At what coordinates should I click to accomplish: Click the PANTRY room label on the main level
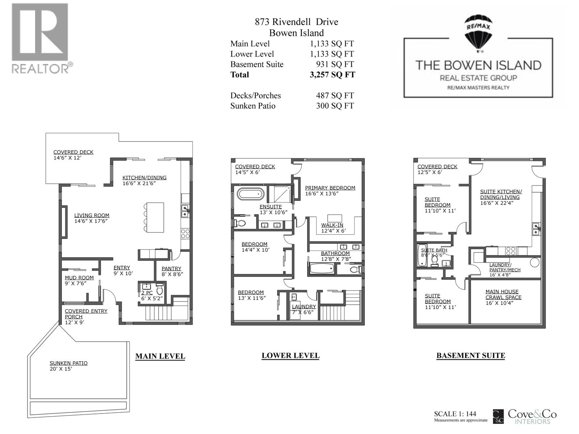pyautogui.click(x=171, y=268)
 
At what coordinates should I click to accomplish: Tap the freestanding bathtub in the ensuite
pyautogui.click(x=250, y=194)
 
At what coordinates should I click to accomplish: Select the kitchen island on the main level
pyautogui.click(x=155, y=217)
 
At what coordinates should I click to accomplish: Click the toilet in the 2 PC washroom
pyautogui.click(x=160, y=289)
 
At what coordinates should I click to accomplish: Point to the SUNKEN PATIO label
pyautogui.click(x=69, y=363)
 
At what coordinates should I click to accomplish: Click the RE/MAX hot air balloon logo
pyautogui.click(x=478, y=33)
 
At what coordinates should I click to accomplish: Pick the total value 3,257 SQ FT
pyautogui.click(x=332, y=75)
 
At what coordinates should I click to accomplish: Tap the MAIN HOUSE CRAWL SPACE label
pyautogui.click(x=503, y=294)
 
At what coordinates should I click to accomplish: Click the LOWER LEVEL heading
pyautogui.click(x=291, y=356)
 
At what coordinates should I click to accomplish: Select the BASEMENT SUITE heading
pyautogui.click(x=471, y=356)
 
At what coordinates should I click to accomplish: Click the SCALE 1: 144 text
pyautogui.click(x=455, y=414)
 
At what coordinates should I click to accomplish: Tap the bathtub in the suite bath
pyautogui.click(x=422, y=255)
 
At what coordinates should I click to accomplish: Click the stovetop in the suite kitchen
pyautogui.click(x=511, y=251)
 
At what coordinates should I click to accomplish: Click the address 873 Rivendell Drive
pyautogui.click(x=296, y=22)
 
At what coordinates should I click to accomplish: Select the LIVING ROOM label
pyautogui.click(x=92, y=215)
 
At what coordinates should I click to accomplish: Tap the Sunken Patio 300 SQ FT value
pyautogui.click(x=335, y=106)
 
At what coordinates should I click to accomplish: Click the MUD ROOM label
pyautogui.click(x=79, y=278)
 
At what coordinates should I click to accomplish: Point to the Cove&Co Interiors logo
pyautogui.click(x=525, y=416)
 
